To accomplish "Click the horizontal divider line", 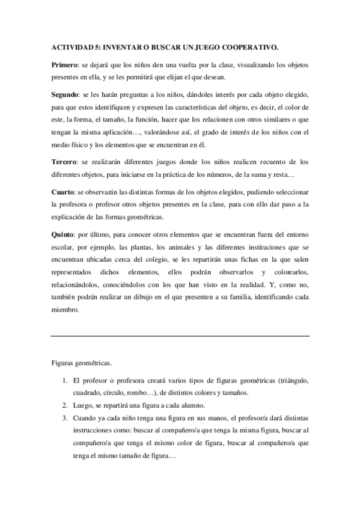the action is coord(180,335).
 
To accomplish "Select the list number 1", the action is coord(65,381).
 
